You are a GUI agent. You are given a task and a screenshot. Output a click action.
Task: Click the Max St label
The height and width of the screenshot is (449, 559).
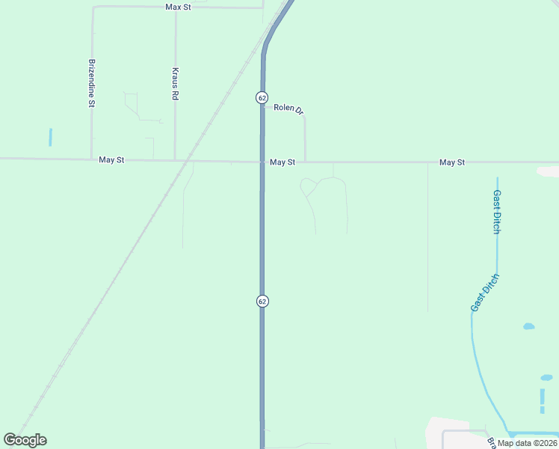click(x=179, y=7)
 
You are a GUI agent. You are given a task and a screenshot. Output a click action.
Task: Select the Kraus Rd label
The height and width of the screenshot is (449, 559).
click(x=175, y=84)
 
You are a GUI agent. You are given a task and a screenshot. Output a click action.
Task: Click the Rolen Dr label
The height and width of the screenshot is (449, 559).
click(x=288, y=109)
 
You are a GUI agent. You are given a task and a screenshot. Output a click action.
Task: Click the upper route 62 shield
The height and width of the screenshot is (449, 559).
click(x=261, y=97)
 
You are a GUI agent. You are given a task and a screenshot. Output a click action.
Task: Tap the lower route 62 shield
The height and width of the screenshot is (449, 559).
click(x=262, y=301)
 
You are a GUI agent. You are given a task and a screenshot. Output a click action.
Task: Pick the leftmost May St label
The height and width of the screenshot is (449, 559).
click(x=111, y=160)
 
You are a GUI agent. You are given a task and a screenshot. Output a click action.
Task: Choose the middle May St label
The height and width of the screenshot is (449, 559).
click(x=282, y=162)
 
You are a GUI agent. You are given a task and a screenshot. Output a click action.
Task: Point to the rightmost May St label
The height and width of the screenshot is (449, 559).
click(x=452, y=162)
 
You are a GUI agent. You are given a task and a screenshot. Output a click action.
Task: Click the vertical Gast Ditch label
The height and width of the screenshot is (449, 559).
click(x=496, y=212)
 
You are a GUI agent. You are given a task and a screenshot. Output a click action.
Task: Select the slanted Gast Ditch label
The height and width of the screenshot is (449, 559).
click(x=484, y=293)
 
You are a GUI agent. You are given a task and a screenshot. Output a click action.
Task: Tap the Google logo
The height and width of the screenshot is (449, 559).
click(x=25, y=440)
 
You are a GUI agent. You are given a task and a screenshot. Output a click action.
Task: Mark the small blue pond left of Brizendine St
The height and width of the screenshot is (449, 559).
click(x=50, y=137)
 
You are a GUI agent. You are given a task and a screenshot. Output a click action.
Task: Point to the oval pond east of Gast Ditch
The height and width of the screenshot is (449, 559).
click(x=528, y=326)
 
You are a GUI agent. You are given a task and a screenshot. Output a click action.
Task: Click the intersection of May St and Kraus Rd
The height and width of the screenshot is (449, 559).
click(x=175, y=159)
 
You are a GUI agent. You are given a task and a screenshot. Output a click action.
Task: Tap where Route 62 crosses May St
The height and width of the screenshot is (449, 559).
click(x=262, y=162)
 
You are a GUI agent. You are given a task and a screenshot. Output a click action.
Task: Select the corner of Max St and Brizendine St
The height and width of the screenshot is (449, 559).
click(x=93, y=7)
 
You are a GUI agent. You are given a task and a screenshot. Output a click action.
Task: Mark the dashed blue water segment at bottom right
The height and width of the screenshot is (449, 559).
click(x=542, y=400)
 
